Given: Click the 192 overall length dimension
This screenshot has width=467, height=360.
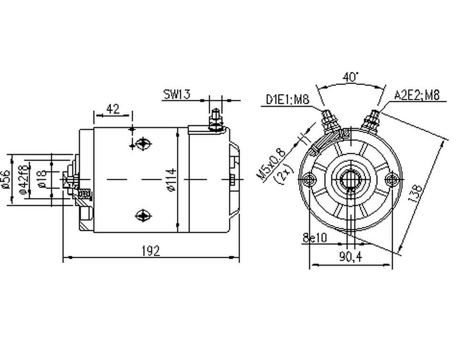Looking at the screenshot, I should pyautogui.click(x=150, y=251).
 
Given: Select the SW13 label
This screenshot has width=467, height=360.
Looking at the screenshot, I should pyautogui.click(x=177, y=94).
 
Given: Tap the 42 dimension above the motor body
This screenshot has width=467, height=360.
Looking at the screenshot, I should pyautogui.click(x=113, y=109).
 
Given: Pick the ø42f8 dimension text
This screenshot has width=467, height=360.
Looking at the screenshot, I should pyautogui.click(x=22, y=179).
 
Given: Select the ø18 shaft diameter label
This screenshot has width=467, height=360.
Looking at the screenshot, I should pyautogui.click(x=42, y=179).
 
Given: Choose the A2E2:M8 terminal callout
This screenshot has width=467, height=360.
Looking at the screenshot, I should pyautogui.click(x=417, y=96).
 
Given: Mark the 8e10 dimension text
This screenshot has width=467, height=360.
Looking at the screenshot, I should pyautogui.click(x=315, y=238).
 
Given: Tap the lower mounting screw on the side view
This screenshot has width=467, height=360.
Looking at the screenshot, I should pyautogui.click(x=142, y=215).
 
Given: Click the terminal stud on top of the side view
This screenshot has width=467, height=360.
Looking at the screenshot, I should pyautogui.click(x=215, y=120).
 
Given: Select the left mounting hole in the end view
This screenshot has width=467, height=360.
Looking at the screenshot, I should pyautogui.click(x=308, y=178).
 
